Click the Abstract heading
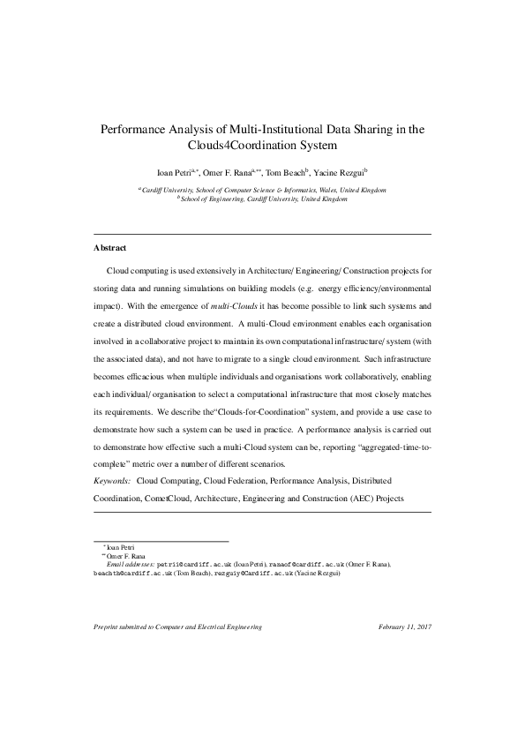pyautogui.click(x=112, y=248)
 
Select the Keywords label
pyautogui.click(x=112, y=481)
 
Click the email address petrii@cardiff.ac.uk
pyautogui.click(x=184, y=563)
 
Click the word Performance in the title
pyautogui.click(x=137, y=129)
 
